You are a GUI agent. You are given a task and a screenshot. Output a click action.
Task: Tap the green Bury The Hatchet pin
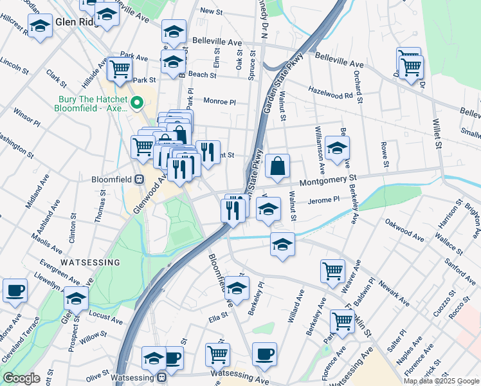coord(136,102)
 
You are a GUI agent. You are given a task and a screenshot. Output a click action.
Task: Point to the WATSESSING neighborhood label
coord(90,262)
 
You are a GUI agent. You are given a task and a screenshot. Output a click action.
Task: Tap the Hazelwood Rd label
coord(331,93)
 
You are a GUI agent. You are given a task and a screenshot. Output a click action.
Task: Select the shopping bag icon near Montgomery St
coord(277,166)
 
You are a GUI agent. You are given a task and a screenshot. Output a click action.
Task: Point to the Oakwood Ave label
coord(404,230)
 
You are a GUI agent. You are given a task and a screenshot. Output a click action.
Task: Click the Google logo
coord(21,378)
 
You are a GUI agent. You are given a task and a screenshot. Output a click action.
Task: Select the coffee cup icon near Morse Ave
coord(15,290)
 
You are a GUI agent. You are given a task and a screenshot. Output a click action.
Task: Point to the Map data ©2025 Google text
coord(440,381)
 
